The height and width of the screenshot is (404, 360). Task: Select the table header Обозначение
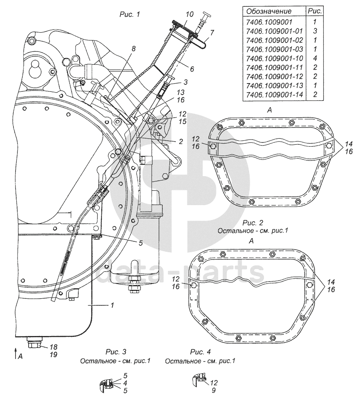(x=269, y=11)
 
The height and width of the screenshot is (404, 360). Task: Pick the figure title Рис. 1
(x=130, y=15)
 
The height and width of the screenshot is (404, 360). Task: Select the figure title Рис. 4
(x=200, y=352)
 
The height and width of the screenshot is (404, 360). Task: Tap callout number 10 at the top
(x=189, y=14)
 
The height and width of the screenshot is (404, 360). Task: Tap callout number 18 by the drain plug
(x=53, y=347)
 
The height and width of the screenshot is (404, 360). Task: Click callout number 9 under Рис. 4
(x=214, y=390)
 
